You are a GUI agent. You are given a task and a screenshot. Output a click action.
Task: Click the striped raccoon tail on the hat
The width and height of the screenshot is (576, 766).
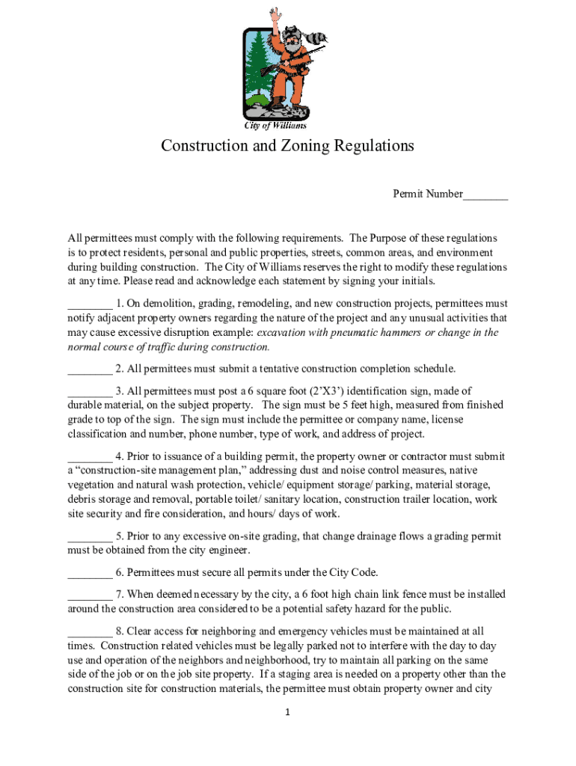tap(322, 37)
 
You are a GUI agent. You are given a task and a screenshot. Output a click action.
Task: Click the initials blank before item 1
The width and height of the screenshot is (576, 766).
tap(90, 305)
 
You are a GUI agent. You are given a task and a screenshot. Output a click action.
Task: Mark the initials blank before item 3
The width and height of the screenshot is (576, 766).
tap(90, 392)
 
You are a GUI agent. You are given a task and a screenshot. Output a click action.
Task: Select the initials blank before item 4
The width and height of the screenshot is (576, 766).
tap(90, 458)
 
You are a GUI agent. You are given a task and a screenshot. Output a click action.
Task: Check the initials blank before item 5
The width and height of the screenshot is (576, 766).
tap(90, 538)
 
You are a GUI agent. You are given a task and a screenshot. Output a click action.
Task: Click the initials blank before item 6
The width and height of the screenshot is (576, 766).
tap(90, 574)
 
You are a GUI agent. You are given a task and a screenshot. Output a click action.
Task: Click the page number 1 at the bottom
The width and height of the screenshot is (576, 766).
tap(288, 713)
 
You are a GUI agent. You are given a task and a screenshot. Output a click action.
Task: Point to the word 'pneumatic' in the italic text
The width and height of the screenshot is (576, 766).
tap(347, 333)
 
